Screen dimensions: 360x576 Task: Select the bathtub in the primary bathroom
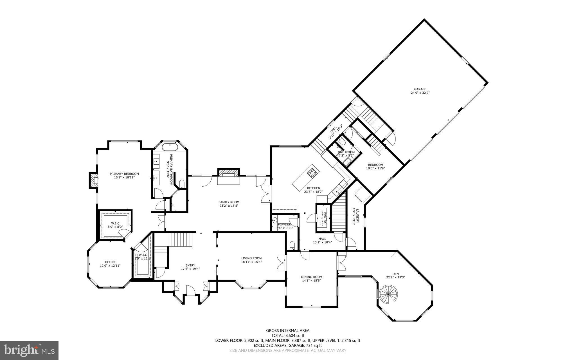pos(170,146)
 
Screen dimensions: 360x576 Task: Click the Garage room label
pos(420,89)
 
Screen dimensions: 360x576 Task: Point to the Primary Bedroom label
pos(124,174)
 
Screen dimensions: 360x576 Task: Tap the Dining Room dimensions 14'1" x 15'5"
pos(311,281)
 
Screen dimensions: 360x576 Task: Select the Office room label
pos(110,262)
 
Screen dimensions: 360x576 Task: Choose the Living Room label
pos(251,258)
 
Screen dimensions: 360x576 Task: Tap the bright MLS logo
pos(29,350)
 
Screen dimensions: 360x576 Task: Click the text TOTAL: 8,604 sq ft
pos(288,336)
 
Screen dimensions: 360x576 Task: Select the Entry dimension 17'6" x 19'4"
pos(190,269)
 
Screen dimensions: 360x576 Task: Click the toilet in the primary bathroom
pos(182,184)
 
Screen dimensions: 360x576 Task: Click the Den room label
pos(395,274)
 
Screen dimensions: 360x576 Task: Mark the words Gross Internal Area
pos(288,331)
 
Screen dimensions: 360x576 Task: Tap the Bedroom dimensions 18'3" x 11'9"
pos(375,168)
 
